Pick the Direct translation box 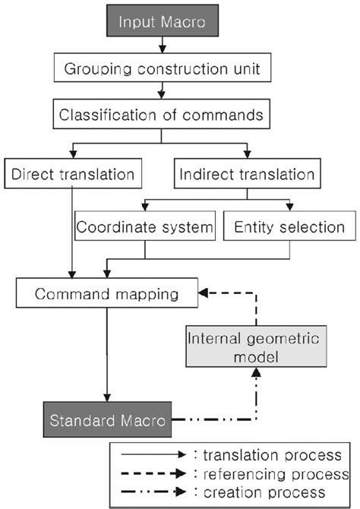click(74, 175)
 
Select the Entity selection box click(289, 226)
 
